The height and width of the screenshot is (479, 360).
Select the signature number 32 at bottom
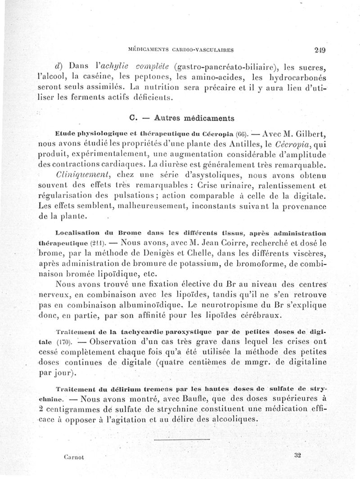point(297,455)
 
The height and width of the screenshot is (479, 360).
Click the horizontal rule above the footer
point(184,436)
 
